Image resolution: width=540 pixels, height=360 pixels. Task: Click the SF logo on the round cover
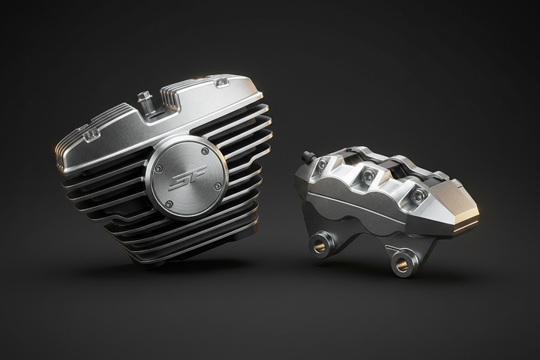(188, 177)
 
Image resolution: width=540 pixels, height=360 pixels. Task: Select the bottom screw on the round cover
(169, 204)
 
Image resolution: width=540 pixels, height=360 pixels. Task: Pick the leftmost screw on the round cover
(158, 169)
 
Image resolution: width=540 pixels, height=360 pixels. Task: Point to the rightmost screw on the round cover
(217, 186)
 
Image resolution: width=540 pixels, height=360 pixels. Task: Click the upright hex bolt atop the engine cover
(144, 102)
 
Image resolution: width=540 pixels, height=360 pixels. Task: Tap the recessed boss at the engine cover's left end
(91, 134)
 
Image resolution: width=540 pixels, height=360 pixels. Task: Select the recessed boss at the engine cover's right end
(220, 82)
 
